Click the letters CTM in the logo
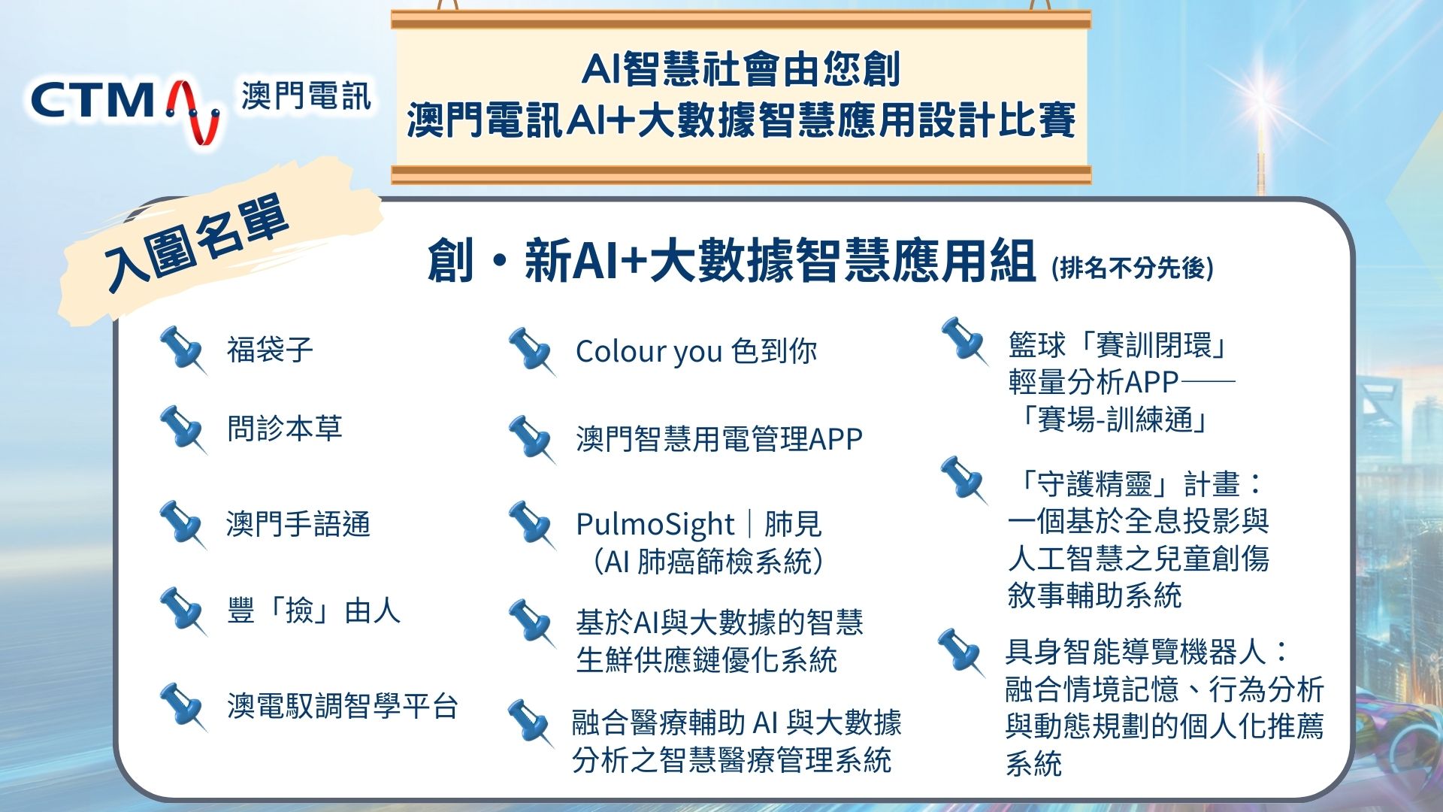[x=92, y=101]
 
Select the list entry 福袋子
[x=270, y=350]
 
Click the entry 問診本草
[x=284, y=428]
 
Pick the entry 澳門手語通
[x=298, y=523]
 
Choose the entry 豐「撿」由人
[x=313, y=611]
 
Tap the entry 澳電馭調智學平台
[x=342, y=706]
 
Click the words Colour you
[x=649, y=352]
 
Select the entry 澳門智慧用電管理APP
[x=719, y=438]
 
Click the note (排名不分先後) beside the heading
[x=1133, y=267]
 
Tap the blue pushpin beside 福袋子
[x=183, y=350]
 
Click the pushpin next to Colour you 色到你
[x=532, y=351]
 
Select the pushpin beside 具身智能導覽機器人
[x=961, y=653]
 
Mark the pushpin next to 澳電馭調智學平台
[x=183, y=707]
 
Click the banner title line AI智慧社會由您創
[x=741, y=70]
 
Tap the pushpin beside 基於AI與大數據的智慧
[x=532, y=623]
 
